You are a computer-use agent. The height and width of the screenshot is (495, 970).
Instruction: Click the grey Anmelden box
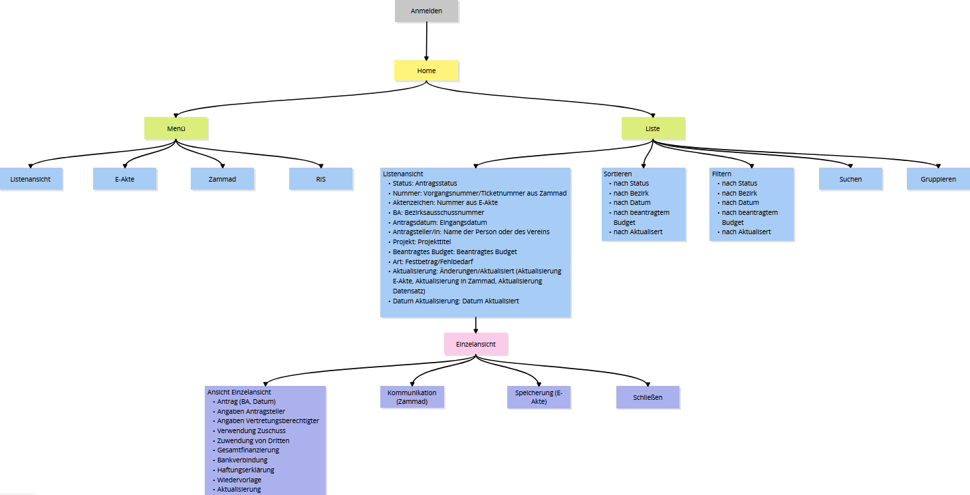[x=426, y=11]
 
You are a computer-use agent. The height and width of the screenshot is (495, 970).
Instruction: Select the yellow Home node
[x=426, y=71]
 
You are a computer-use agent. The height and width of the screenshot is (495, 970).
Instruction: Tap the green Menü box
[x=176, y=128]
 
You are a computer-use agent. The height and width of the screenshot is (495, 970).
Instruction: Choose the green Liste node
[x=652, y=128]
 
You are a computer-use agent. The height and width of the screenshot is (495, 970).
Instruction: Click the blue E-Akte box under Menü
[x=124, y=179]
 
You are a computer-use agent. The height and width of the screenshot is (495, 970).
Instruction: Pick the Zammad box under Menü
[x=222, y=179]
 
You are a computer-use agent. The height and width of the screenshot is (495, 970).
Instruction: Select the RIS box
[x=320, y=179]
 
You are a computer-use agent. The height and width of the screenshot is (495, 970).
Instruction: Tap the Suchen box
[x=850, y=179]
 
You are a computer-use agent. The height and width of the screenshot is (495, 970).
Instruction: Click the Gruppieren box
[x=938, y=179]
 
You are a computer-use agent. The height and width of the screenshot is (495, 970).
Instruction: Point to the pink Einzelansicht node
[x=475, y=344]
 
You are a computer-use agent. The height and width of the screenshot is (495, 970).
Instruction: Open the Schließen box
[x=648, y=397]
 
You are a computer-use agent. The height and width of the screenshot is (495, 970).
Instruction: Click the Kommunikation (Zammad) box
[x=412, y=397]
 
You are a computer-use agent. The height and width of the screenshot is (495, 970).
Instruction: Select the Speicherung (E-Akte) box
[x=539, y=397]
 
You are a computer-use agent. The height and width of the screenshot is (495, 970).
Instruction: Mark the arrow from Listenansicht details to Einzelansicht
[x=475, y=325]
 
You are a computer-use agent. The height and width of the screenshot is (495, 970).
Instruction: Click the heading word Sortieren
[x=618, y=174]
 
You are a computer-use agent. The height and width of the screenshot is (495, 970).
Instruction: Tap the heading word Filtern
[x=721, y=174]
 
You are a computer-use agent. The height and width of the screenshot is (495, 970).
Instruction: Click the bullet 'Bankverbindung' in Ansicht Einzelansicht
[x=242, y=460]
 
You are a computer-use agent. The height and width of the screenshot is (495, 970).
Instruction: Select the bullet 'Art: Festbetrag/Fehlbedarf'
[x=432, y=261]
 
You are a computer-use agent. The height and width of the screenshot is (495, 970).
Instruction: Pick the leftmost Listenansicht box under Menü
[x=31, y=179]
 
